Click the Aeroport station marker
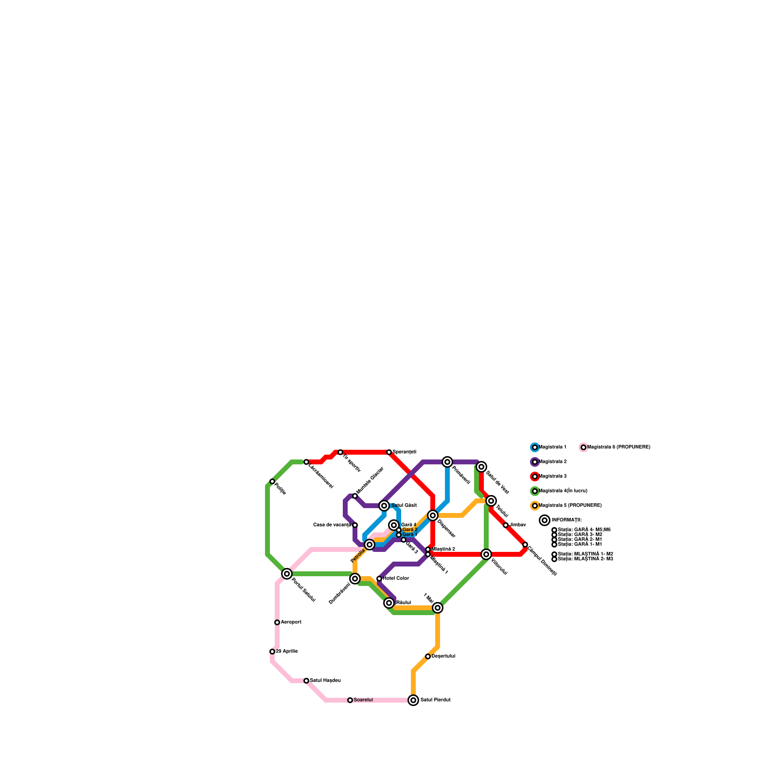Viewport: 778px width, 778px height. coord(277,622)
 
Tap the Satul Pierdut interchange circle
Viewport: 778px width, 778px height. coord(413,700)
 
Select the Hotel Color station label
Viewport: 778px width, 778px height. coord(396,579)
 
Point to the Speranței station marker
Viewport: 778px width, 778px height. coord(389,452)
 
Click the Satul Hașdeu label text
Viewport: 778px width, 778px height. coord(325,681)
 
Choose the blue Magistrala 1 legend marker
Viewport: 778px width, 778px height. coord(535,447)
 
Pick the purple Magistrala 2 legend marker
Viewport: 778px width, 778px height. coord(535,462)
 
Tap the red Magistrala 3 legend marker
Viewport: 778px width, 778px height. coord(535,477)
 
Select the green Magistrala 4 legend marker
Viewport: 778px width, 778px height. coord(535,491)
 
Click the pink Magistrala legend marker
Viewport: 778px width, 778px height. coord(583,447)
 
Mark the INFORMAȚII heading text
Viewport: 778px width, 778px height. coord(566,520)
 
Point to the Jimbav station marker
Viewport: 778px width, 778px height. coord(506,525)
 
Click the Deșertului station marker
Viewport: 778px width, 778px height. coord(428,656)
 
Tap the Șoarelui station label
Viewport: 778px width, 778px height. coord(363,700)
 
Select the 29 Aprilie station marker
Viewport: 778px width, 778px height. coord(272,652)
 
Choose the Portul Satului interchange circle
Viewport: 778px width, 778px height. coord(287,574)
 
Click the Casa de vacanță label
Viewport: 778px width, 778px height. coord(332,525)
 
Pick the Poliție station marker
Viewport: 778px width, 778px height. coord(272,481)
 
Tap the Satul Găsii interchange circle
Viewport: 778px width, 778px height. coord(384,506)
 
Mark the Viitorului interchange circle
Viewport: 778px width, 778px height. coord(486,554)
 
